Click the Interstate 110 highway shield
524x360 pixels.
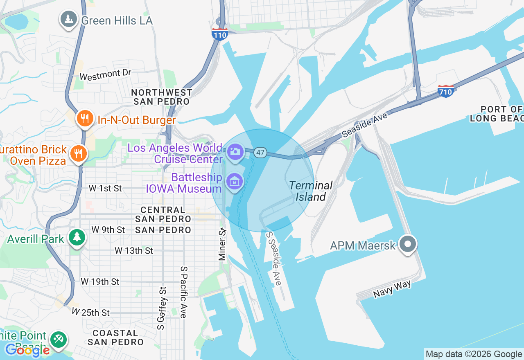click(x=220, y=34)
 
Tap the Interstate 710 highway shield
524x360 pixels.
click(x=445, y=91)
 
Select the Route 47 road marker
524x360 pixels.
click(x=260, y=153)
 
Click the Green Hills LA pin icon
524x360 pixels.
click(x=69, y=19)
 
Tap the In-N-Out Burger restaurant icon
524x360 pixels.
click(x=85, y=119)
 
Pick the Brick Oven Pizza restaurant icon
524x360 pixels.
click(x=77, y=154)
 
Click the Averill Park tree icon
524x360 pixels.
click(x=77, y=237)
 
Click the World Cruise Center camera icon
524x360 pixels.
click(x=235, y=152)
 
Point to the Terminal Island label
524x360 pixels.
click(x=311, y=191)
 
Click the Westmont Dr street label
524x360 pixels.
click(x=105, y=74)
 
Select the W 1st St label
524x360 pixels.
click(x=106, y=188)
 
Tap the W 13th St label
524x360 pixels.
click(x=134, y=250)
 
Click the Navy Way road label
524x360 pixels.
click(x=392, y=289)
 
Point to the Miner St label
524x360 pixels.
click(x=222, y=244)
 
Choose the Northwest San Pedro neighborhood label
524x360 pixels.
click(x=162, y=97)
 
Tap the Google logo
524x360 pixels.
click(x=27, y=350)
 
